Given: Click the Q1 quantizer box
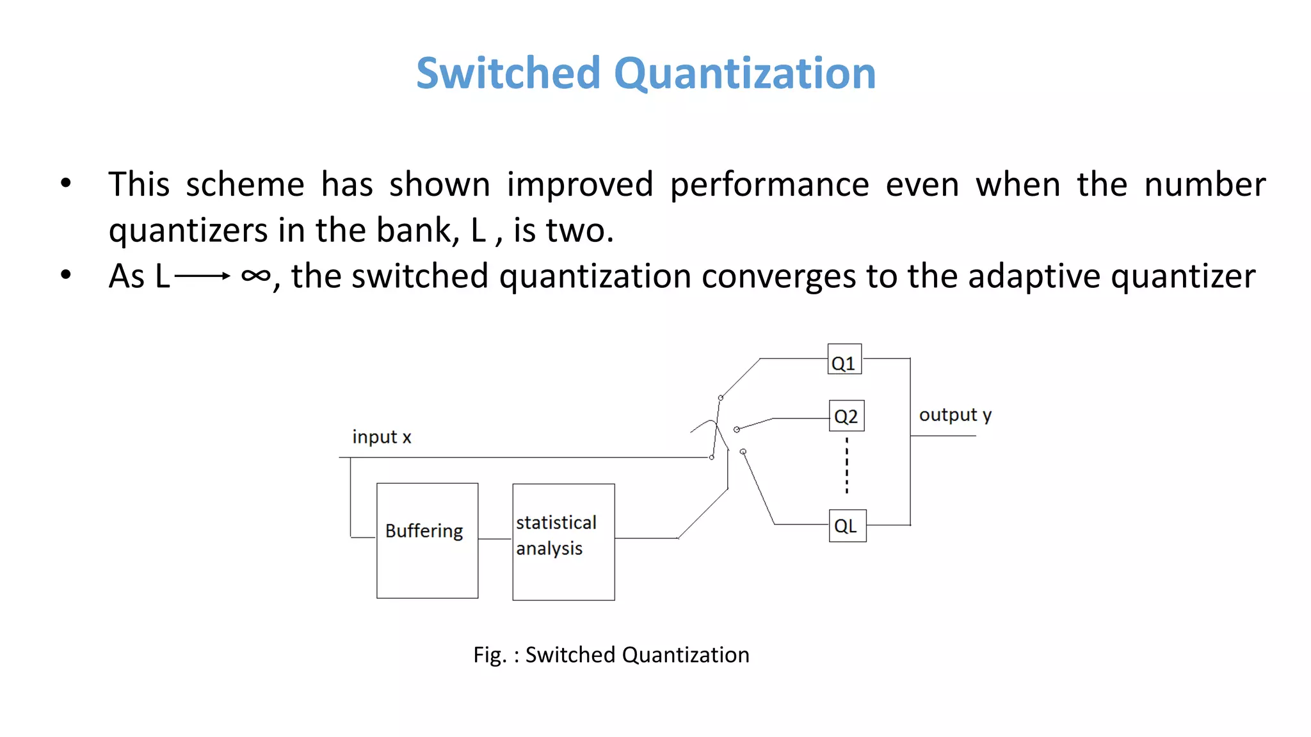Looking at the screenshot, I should click(x=844, y=360).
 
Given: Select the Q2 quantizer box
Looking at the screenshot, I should click(x=846, y=416).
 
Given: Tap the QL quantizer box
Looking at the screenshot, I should click(x=848, y=526).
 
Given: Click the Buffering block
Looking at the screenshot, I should click(x=427, y=541).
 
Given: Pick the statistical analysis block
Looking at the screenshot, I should click(x=563, y=542).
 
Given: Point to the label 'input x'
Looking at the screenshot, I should click(x=382, y=437).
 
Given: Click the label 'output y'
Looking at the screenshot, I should click(x=955, y=415).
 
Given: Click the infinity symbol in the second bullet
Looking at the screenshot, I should click(x=255, y=276).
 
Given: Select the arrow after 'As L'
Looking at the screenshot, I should click(x=202, y=276).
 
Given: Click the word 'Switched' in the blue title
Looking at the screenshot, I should click(x=508, y=74).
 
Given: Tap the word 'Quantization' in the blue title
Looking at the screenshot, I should click(x=744, y=74).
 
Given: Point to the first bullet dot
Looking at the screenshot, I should click(x=66, y=184).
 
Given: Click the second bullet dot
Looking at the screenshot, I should click(x=66, y=276).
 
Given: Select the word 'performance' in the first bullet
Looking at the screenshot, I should click(x=769, y=185).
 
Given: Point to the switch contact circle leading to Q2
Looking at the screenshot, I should click(x=737, y=429).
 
